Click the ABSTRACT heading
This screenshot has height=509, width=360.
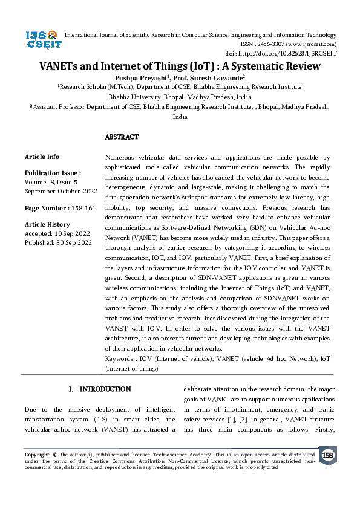pos(122,137)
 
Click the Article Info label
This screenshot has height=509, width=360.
pos(42,157)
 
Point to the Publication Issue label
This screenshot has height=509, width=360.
pos(53,172)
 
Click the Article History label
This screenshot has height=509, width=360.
pos(47,224)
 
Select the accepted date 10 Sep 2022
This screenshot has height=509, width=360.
pos(71,233)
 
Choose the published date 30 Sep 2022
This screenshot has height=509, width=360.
pos(73,242)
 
